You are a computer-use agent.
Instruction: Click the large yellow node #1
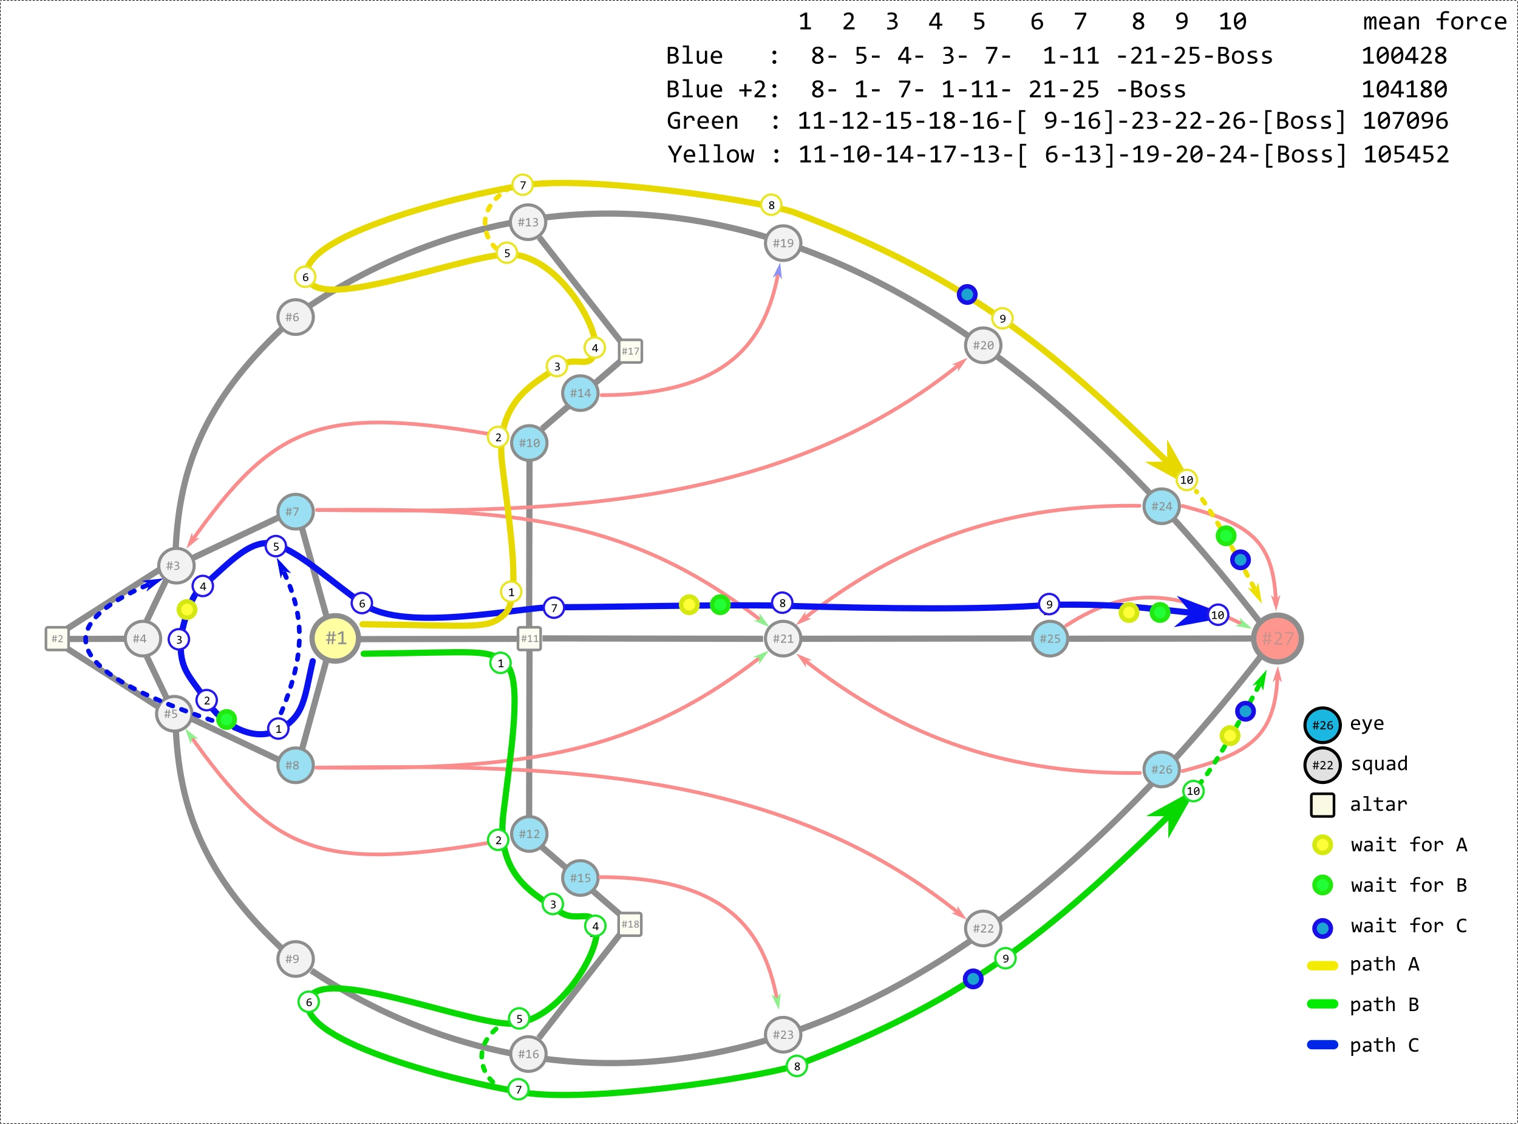coord(335,638)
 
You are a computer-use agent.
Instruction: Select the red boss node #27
coord(1277,638)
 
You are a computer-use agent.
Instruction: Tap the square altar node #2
coord(57,638)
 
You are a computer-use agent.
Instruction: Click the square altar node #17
coord(630,351)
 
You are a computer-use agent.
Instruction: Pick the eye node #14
coord(580,393)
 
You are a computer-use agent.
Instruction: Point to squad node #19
coord(783,243)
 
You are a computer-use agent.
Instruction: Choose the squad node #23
coord(783,1034)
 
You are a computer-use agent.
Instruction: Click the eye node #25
coord(1049,638)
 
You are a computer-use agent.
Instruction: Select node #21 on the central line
coord(783,638)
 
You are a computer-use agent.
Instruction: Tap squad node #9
coord(294,959)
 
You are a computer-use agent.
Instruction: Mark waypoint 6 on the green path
coord(308,1001)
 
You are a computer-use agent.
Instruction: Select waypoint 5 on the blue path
coord(276,547)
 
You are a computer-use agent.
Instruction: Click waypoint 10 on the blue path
coord(1217,615)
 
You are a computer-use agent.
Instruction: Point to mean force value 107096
coord(1404,121)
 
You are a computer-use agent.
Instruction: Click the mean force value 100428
coord(1403,56)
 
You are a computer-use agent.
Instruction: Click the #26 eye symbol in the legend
coord(1322,724)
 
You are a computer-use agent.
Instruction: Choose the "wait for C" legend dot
coord(1322,927)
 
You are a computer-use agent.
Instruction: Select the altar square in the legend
coord(1322,805)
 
